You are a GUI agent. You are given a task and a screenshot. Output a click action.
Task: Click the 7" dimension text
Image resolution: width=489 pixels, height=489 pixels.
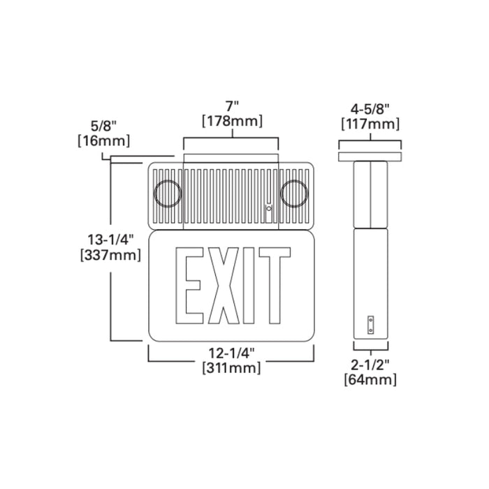(x=231, y=106)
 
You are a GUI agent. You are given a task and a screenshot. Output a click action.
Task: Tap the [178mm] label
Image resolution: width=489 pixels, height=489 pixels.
(x=231, y=121)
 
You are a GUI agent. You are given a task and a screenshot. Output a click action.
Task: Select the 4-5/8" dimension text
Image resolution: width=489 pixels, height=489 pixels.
(x=370, y=109)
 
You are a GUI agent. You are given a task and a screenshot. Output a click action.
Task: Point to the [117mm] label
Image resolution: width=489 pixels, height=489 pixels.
(x=370, y=124)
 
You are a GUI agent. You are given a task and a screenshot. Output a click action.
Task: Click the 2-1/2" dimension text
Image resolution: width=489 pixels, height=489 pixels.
(x=370, y=365)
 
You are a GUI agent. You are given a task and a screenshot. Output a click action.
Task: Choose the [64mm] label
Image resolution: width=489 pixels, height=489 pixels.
(x=370, y=379)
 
